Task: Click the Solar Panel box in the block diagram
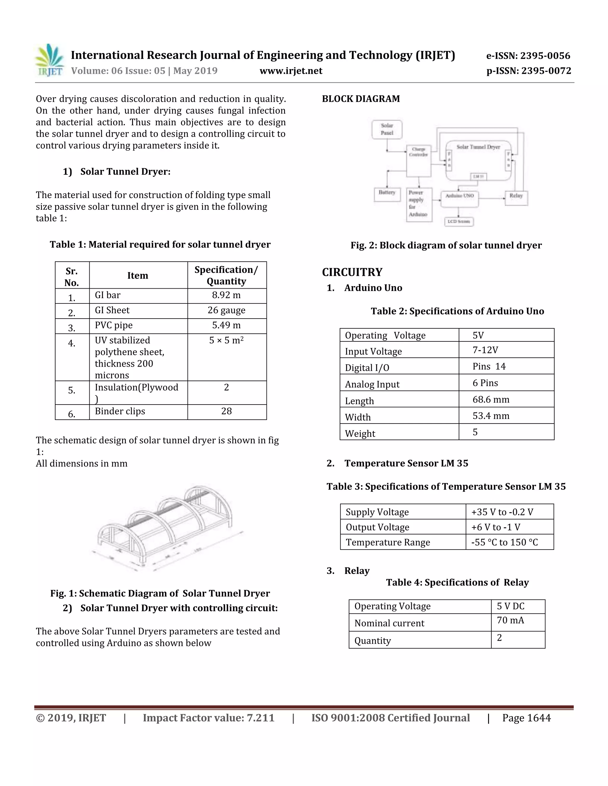coord(387,130)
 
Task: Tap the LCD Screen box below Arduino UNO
coord(458,221)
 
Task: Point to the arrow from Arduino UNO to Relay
coord(492,198)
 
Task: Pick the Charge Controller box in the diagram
coord(418,160)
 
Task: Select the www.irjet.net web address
coord(291,71)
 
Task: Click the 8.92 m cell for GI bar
coord(226,295)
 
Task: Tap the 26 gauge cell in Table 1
coord(226,310)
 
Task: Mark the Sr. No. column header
coord(72,276)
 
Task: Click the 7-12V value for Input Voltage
coord(485,350)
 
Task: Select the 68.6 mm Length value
coord(490,400)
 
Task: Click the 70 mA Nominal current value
coord(510,620)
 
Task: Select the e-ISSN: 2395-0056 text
coord(528,56)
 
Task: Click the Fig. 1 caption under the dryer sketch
coord(160,594)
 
